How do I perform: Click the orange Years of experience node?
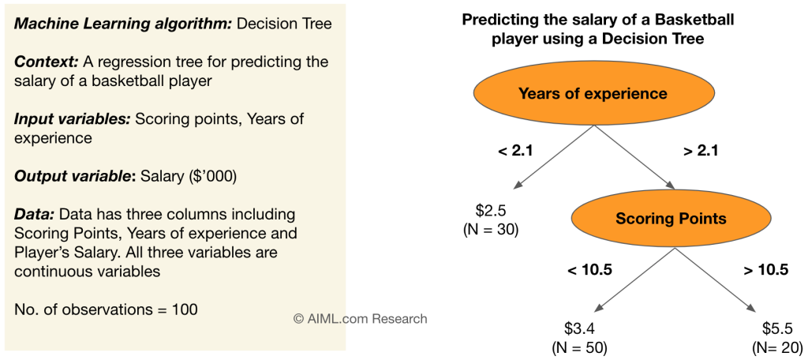[592, 94]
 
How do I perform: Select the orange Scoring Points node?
[671, 219]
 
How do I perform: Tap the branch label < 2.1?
[516, 150]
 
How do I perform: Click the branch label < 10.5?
[589, 270]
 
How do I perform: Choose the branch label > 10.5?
[765, 270]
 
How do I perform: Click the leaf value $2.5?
[491, 211]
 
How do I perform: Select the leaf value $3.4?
[578, 327]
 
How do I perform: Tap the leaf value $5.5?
[777, 327]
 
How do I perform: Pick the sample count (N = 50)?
[579, 346]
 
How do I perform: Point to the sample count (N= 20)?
[777, 346]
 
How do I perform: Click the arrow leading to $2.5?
[552, 158]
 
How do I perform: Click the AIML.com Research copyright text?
[360, 319]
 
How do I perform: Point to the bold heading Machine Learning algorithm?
[123, 24]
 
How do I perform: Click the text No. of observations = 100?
[106, 309]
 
